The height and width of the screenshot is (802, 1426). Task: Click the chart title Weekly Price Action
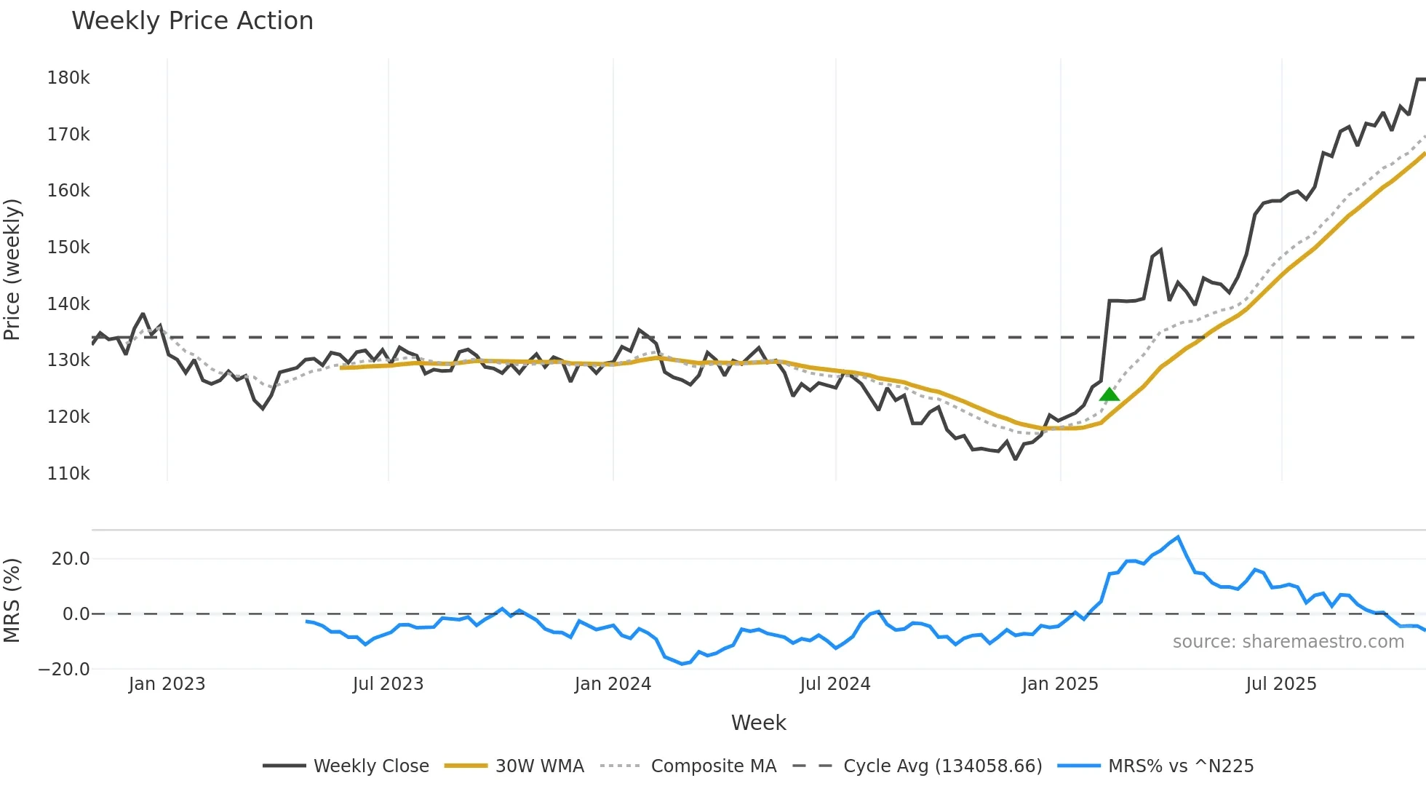tap(192, 21)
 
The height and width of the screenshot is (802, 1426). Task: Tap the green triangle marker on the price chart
tap(1109, 395)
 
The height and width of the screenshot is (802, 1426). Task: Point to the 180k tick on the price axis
tap(68, 78)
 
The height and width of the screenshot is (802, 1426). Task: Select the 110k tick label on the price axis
tap(68, 474)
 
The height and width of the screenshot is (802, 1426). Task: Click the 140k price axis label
tap(68, 304)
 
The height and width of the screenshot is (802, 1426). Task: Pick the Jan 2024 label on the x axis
tap(613, 684)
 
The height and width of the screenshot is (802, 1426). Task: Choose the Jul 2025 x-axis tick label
tap(1280, 684)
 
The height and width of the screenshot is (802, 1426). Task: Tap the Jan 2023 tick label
tap(167, 684)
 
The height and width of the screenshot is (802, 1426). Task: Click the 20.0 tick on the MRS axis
tap(71, 559)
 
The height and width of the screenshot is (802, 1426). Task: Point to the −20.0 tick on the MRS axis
tap(64, 670)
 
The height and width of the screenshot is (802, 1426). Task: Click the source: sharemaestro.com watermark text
tap(1288, 642)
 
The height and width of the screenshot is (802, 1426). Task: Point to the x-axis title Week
tap(758, 723)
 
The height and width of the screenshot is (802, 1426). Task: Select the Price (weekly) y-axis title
tap(12, 269)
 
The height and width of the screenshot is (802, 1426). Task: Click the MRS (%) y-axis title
tap(12, 600)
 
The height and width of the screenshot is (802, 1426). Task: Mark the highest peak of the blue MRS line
tap(1178, 537)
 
